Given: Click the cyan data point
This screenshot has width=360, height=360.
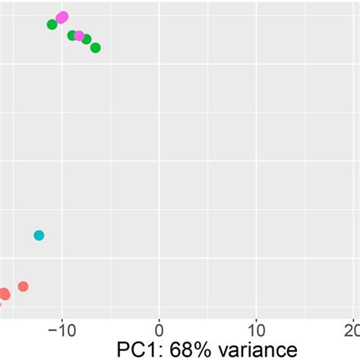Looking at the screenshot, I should tap(39, 235).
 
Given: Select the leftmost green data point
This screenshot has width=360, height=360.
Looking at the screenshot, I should tap(52, 24).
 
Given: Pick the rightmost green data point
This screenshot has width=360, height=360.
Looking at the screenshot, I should tap(95, 48).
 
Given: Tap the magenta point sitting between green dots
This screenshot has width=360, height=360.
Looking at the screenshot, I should tap(79, 36).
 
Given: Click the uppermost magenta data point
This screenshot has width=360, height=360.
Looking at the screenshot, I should tap(62, 17).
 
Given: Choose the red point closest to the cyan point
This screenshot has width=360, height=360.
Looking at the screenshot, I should tap(23, 286).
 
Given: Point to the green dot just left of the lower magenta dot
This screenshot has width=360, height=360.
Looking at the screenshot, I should tap(72, 35).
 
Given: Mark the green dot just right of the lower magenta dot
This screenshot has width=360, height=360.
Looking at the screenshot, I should tap(87, 39).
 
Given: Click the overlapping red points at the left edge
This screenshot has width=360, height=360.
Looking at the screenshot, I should tap(4, 294).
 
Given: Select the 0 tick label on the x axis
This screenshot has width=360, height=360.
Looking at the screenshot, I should tap(159, 330).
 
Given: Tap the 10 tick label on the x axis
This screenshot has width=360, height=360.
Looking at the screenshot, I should tap(257, 330).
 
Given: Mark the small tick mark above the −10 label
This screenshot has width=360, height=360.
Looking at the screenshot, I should tap(62, 317).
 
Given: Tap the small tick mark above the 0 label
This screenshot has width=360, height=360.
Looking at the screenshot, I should tap(159, 317).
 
